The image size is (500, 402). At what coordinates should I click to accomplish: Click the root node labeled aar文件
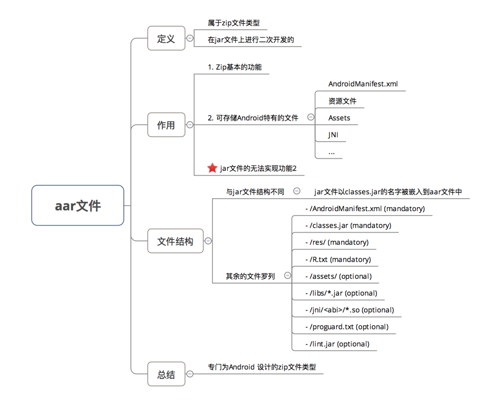78,205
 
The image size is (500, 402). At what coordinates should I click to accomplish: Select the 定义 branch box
166,38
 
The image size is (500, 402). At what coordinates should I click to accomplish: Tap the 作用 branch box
166,125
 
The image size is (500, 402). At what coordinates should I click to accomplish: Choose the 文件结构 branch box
175,241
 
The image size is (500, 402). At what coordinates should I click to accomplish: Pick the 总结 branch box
166,374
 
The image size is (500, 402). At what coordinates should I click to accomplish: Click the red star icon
212,168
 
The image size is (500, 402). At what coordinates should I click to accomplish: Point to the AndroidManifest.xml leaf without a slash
363,84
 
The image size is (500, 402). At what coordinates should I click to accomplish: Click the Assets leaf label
339,118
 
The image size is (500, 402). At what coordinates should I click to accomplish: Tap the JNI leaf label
333,135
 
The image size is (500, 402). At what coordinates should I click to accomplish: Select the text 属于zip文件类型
234,23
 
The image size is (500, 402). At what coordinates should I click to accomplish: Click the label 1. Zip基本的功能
235,67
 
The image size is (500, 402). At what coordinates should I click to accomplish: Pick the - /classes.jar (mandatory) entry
348,225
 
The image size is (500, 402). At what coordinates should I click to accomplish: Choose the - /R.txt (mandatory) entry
338,259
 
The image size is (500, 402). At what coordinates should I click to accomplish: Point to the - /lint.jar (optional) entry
337,344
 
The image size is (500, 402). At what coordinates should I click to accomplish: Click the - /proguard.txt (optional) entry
347,327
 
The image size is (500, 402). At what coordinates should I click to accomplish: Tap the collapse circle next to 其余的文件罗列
287,275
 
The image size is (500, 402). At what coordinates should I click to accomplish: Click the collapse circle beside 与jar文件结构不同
297,191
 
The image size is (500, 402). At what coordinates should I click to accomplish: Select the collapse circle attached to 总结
190,374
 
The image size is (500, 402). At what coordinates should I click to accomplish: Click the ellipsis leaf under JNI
331,153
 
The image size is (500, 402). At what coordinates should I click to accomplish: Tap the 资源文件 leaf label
342,101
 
